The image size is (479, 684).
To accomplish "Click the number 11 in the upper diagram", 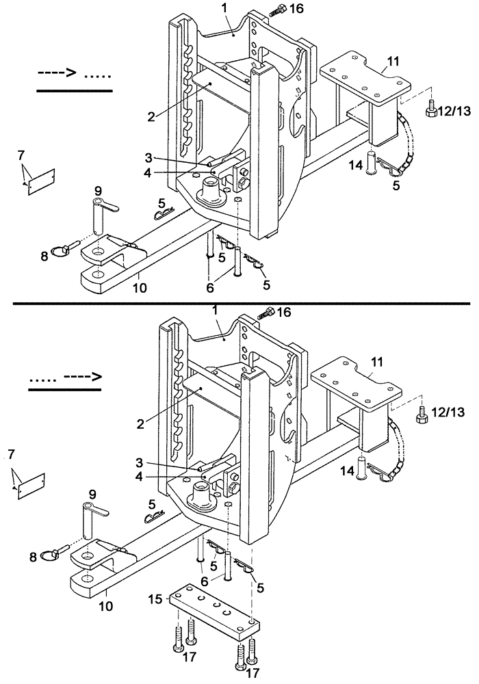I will [391, 61].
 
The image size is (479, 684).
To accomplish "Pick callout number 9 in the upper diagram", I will [98, 190].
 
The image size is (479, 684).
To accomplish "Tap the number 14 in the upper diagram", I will [355, 165].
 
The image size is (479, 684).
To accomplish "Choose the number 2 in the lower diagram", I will [140, 424].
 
